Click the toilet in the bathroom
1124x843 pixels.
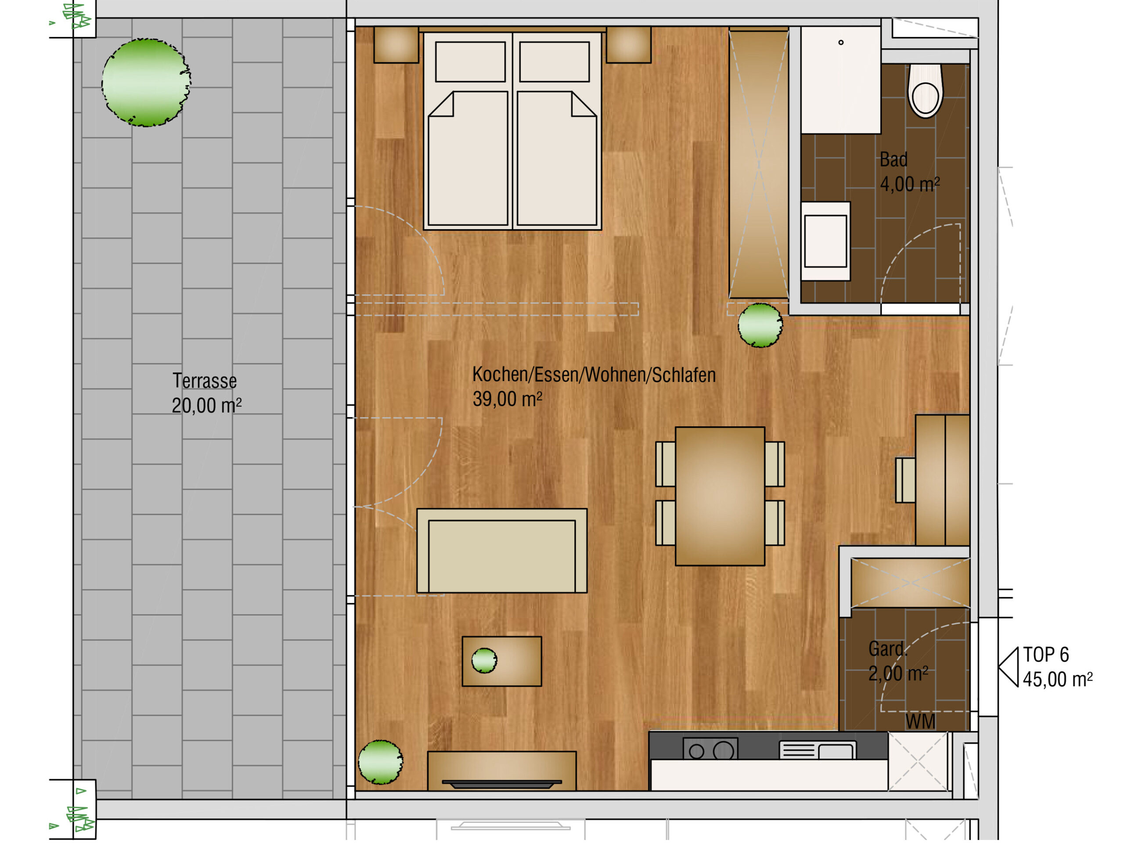point(925,90)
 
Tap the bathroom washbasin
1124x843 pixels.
point(825,241)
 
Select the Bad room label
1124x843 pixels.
point(894,159)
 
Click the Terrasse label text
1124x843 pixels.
point(204,381)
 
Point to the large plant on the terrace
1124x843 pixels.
point(146,82)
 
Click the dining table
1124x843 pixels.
point(720,496)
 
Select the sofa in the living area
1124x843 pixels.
point(501,551)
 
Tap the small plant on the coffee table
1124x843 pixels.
point(484,661)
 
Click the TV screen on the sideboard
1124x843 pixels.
point(501,784)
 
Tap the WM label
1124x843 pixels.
point(920,721)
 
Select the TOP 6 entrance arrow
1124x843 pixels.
point(1009,667)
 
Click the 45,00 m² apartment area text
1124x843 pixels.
point(1057,679)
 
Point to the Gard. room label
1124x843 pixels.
point(887,649)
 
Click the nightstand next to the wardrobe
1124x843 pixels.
point(629,45)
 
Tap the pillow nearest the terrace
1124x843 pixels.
point(470,61)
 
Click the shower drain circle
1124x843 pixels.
point(841,43)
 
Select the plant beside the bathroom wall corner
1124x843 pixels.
point(760,325)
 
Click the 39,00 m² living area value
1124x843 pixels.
point(507,399)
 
